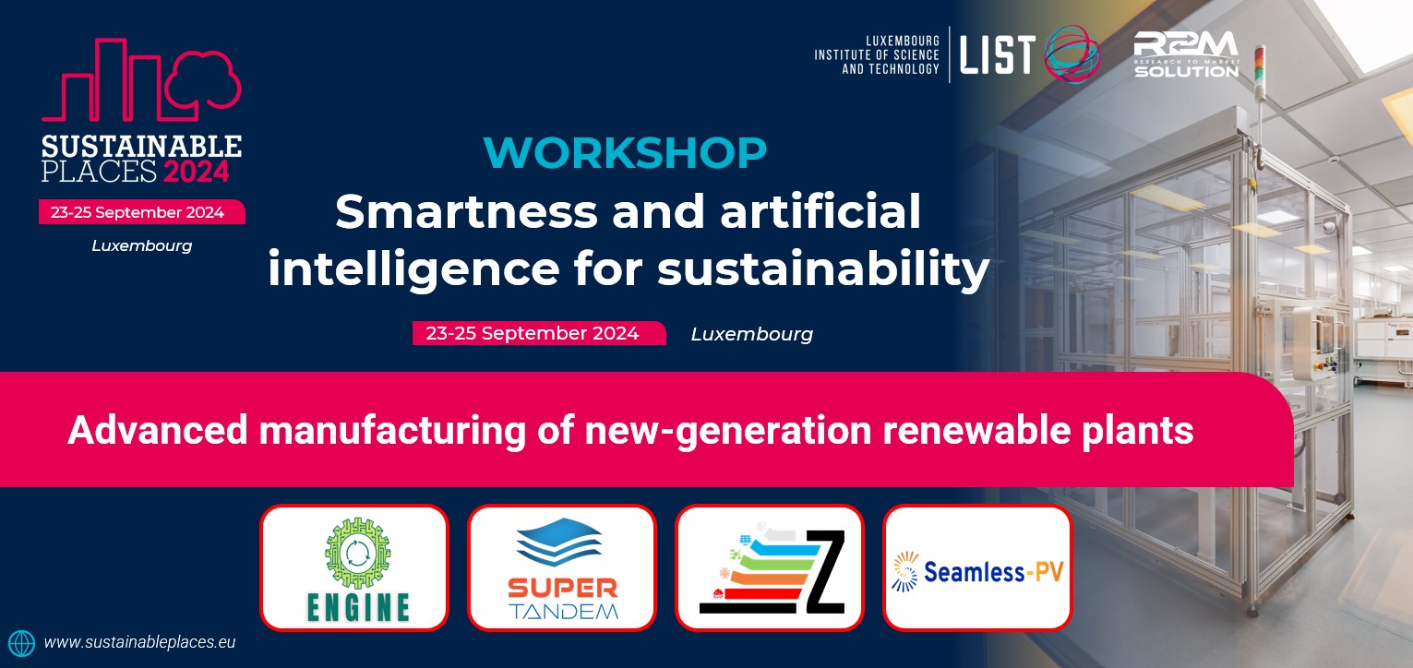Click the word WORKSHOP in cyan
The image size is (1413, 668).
(x=625, y=152)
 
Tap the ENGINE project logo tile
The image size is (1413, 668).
(x=354, y=567)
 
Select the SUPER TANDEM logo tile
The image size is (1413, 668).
(x=562, y=567)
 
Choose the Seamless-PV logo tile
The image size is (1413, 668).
(x=977, y=567)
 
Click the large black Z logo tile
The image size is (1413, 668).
(x=770, y=567)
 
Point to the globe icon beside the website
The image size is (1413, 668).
(x=21, y=643)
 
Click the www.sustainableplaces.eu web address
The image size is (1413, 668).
(x=139, y=642)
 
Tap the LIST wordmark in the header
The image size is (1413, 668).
(x=998, y=54)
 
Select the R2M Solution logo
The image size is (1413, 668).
(x=1187, y=54)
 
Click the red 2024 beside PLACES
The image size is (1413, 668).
(x=197, y=172)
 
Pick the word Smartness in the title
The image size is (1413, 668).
(x=466, y=211)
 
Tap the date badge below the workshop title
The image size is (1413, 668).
(x=539, y=333)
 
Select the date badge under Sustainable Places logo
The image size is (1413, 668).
(x=141, y=212)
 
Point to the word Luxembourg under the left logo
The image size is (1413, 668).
(x=142, y=245)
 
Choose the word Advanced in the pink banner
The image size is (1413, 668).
(x=157, y=430)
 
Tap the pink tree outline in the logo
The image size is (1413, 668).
(x=203, y=78)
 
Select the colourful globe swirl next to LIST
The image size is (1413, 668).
(x=1072, y=53)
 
